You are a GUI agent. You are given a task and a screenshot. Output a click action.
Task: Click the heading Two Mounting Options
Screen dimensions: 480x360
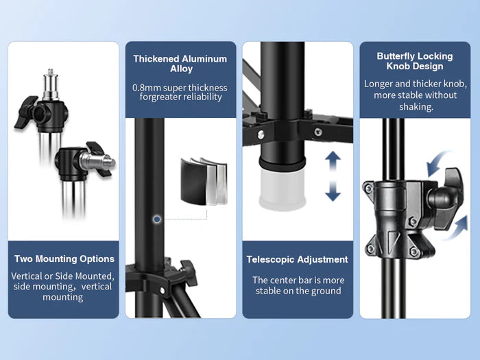point(64,259)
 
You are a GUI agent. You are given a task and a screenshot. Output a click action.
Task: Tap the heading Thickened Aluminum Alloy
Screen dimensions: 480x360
point(180,63)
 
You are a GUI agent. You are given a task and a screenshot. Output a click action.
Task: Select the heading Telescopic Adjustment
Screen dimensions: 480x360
point(297,260)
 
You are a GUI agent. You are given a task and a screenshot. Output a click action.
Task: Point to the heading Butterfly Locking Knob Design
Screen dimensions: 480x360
point(415,61)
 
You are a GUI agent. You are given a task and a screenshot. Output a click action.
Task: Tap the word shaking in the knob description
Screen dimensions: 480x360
point(416,107)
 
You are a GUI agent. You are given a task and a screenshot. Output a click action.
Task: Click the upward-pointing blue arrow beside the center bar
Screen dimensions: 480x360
point(333,160)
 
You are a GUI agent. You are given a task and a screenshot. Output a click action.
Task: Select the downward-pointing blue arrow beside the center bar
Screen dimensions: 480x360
point(333,191)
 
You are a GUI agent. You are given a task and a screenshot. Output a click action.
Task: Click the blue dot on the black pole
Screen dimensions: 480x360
point(157,219)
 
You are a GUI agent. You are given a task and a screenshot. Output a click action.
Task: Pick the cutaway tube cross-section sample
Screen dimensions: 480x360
point(204,181)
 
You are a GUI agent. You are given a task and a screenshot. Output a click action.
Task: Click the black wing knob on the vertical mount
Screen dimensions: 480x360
point(26,112)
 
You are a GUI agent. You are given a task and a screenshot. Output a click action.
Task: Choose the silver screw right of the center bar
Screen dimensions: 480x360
point(318,132)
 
